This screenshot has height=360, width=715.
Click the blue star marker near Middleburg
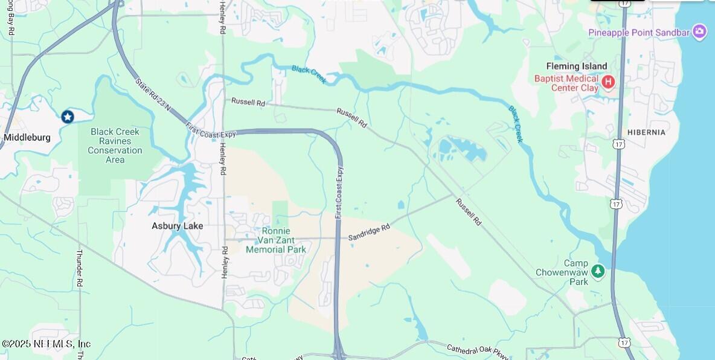[x=68, y=116]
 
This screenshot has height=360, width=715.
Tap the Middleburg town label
[x=27, y=137]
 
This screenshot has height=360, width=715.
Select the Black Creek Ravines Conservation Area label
[x=115, y=146]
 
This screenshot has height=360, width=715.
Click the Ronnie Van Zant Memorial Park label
[x=276, y=240]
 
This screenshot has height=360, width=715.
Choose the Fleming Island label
[x=577, y=66]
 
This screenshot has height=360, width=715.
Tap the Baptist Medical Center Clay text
[x=566, y=83]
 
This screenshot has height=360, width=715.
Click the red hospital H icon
[x=608, y=81]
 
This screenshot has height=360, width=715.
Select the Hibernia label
[x=646, y=132]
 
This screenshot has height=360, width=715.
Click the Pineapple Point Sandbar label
[x=639, y=32]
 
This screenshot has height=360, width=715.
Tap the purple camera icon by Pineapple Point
[x=699, y=31]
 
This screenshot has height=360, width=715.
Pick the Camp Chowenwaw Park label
[x=562, y=272]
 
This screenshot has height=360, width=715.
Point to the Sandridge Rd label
[x=369, y=231]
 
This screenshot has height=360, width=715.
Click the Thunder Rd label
[x=79, y=268]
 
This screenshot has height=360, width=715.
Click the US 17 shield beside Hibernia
[x=618, y=144]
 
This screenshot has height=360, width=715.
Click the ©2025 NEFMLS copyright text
[x=46, y=344]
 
